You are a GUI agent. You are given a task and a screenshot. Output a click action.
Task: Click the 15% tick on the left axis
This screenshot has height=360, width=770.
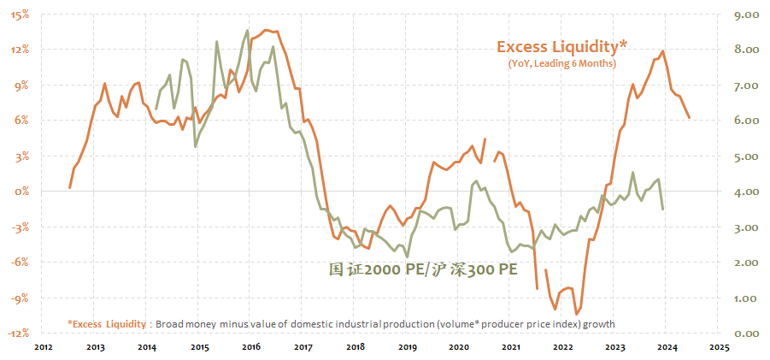[x=20, y=14]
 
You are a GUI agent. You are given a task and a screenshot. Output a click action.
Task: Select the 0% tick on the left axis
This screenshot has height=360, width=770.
[x=22, y=192]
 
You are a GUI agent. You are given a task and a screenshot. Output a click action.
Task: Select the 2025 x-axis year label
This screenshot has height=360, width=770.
[x=718, y=347]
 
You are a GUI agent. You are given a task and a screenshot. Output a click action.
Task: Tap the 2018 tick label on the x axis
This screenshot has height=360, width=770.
[x=356, y=347]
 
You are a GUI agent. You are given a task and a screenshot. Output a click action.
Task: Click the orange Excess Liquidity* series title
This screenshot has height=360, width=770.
[x=561, y=46]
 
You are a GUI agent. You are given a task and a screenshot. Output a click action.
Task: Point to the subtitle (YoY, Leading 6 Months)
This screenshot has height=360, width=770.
[x=561, y=63]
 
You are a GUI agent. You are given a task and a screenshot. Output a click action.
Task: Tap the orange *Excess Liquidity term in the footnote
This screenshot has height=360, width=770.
[x=107, y=323]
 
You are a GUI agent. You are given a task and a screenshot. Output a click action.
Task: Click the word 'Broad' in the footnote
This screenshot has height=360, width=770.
[x=173, y=323]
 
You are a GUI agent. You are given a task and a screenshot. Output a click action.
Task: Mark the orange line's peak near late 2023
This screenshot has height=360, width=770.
[x=663, y=51]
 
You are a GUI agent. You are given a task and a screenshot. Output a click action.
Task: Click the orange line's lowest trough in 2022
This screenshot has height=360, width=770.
[x=577, y=313]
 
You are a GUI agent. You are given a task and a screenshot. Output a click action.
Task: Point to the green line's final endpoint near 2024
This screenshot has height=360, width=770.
[x=663, y=209]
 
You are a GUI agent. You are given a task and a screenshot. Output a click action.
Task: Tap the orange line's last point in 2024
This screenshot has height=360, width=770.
[x=690, y=118]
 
